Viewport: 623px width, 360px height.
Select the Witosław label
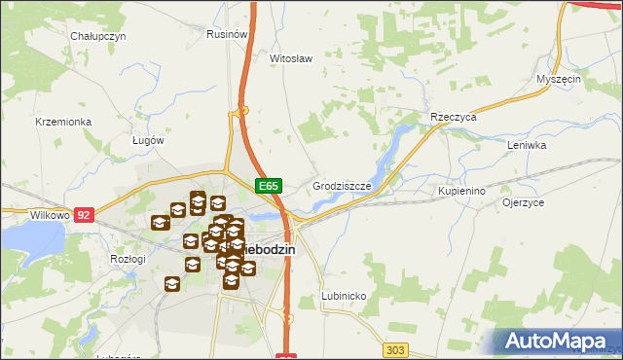tap(290, 58)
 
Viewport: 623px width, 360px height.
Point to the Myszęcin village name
tap(559, 79)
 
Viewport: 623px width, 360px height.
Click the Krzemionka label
tap(63, 122)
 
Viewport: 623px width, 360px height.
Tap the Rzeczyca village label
tap(454, 117)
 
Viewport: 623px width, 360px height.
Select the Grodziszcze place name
tap(341, 185)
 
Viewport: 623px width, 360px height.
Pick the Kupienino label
tap(461, 192)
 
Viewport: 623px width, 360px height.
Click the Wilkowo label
tap(23, 214)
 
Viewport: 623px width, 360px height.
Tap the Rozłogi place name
tap(128, 259)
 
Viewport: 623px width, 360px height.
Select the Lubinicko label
tap(343, 295)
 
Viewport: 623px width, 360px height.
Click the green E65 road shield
tap(269, 185)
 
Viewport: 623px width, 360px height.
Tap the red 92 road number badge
tap(84, 214)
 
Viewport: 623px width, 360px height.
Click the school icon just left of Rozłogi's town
tap(172, 283)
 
